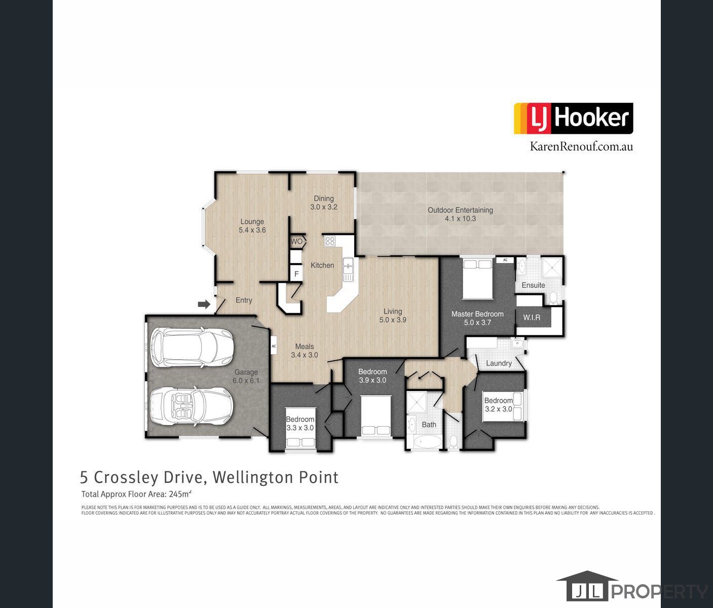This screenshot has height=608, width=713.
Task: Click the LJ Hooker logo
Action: coord(573,119)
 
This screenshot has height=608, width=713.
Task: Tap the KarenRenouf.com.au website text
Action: coord(581,146)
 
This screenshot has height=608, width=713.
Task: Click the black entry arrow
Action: coord(204,305)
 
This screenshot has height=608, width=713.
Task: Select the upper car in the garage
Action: coord(193,348)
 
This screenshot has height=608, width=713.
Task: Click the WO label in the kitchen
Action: coord(297,242)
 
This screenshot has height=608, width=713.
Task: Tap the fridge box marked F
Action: coord(296,275)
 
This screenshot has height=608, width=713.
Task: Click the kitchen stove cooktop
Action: coord(330,241)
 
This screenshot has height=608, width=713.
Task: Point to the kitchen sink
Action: coord(348,269)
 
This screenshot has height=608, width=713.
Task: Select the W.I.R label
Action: coord(532,318)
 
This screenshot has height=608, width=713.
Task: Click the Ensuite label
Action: coord(533,285)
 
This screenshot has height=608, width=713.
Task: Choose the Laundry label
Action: coord(499,363)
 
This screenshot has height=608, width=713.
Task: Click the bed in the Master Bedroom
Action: coord(477,279)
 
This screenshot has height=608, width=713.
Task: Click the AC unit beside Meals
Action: coord(274,346)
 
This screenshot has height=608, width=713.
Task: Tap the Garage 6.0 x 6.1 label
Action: coord(246,376)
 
